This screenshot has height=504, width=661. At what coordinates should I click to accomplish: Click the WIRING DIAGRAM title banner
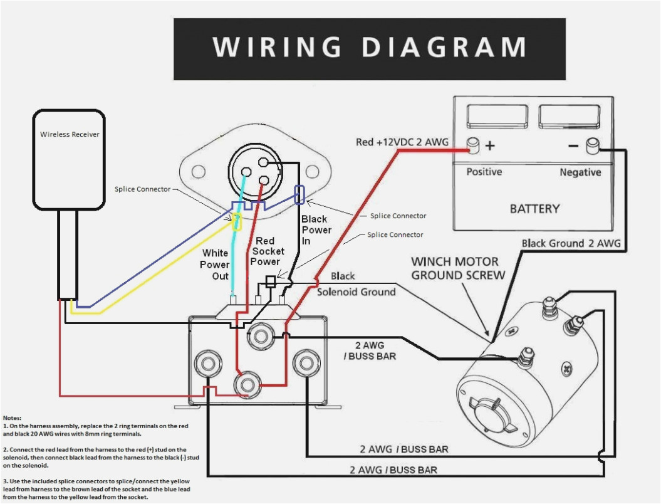369,49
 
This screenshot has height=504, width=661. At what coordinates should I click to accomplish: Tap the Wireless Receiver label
70,134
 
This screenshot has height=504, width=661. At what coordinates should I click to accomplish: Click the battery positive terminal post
474,146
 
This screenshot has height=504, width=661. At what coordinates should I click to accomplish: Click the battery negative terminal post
591,146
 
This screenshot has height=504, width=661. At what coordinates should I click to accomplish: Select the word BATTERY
534,209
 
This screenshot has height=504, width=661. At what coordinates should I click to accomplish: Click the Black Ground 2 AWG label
571,243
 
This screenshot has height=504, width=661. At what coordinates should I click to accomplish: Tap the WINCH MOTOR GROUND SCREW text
457,268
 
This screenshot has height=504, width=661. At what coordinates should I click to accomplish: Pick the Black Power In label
316,229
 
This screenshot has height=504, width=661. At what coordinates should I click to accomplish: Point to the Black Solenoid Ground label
356,284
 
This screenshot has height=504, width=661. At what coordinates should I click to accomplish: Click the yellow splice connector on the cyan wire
237,221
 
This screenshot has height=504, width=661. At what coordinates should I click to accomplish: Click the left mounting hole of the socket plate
199,171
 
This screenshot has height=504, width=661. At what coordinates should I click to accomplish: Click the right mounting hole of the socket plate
313,171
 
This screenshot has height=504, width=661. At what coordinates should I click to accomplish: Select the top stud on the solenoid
259,337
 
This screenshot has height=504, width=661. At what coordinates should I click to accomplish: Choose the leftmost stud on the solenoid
206,364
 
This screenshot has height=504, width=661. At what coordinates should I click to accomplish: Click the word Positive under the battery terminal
484,172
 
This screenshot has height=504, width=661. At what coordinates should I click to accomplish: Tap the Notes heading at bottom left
12,417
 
